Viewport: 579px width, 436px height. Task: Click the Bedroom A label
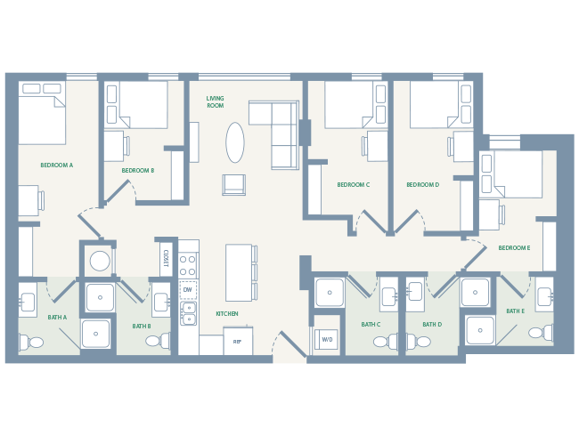(x=57, y=166)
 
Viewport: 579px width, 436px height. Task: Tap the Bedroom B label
(x=138, y=170)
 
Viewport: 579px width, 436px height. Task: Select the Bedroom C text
(x=353, y=185)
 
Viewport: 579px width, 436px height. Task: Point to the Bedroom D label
(x=422, y=185)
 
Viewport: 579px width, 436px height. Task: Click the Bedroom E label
(x=514, y=248)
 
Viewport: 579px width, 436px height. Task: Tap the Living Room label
(x=215, y=101)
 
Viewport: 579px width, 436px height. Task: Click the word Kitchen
(x=226, y=314)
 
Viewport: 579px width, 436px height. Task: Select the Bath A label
(x=57, y=318)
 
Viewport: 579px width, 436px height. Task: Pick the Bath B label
(x=142, y=327)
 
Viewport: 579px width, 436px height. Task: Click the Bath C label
(x=371, y=325)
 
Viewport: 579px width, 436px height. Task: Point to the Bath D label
(x=432, y=325)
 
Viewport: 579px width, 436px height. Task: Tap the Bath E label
(x=515, y=311)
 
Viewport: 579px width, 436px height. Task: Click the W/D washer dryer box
(x=327, y=339)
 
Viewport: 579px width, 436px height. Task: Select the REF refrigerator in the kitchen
(x=238, y=342)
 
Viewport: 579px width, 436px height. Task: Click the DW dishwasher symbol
(x=188, y=290)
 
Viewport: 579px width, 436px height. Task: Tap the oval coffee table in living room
(x=235, y=142)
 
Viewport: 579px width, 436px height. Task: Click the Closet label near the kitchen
(x=166, y=258)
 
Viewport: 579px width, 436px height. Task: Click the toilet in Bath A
(x=32, y=342)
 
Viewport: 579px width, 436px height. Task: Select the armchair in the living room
(x=233, y=184)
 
